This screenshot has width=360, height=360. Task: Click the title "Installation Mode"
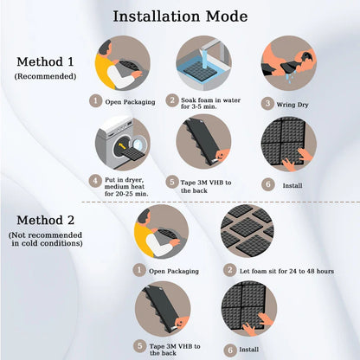(180, 16)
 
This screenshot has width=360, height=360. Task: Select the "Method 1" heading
(45, 61)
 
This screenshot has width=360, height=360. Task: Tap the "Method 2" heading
(45, 220)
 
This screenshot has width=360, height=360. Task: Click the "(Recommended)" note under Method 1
(45, 77)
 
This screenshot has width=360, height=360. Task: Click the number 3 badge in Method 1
(267, 100)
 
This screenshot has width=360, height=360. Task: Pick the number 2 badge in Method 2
(230, 270)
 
